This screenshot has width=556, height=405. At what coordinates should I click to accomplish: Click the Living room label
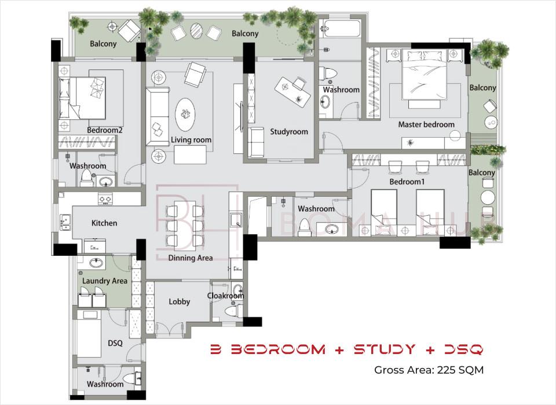[191, 140]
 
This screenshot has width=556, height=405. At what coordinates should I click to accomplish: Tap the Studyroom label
[289, 132]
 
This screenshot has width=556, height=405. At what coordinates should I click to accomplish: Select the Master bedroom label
[426, 124]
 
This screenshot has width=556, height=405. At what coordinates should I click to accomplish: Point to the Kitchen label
[104, 223]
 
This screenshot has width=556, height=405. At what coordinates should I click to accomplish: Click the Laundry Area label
[105, 281]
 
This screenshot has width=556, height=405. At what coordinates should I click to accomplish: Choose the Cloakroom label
[225, 296]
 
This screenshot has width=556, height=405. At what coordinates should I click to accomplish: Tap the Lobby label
[180, 301]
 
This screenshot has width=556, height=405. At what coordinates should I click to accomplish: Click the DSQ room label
[115, 343]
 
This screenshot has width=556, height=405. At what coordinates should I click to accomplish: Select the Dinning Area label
[191, 258]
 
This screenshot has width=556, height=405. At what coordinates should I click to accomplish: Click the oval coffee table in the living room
[185, 115]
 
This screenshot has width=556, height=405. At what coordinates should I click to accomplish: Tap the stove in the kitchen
[105, 199]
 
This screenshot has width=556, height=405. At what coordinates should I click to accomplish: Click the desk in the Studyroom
[290, 91]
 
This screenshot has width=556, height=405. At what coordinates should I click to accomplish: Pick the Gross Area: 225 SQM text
[429, 370]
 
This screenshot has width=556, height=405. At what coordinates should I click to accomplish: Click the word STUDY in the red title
[385, 349]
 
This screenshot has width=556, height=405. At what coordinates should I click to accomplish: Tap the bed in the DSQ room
[89, 333]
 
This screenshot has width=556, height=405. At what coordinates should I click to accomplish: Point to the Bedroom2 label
[105, 130]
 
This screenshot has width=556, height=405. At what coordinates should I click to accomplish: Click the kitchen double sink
[65, 222]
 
